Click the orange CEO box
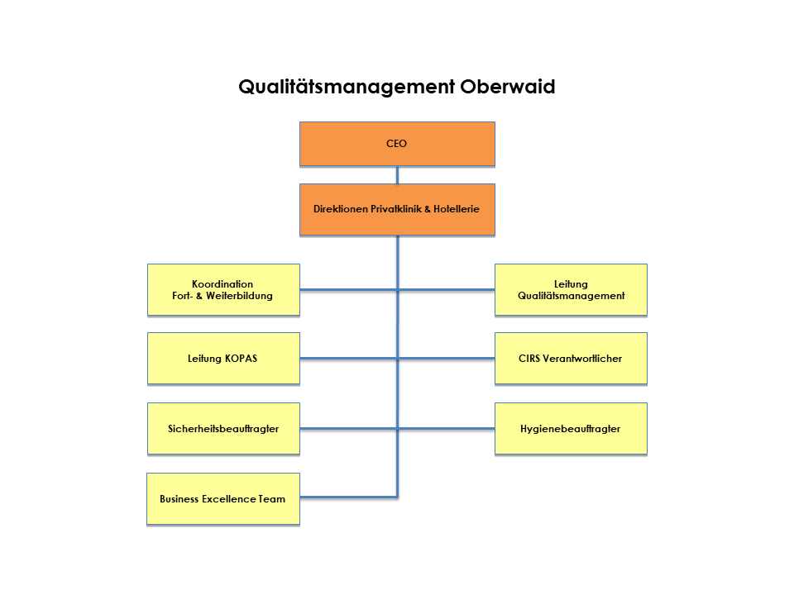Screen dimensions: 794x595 pyautogui.click(x=397, y=144)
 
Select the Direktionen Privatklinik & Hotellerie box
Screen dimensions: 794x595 pyautogui.click(x=397, y=209)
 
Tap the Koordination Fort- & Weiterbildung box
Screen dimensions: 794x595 pyautogui.click(x=223, y=290)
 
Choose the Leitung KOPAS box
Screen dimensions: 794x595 pyautogui.click(x=223, y=358)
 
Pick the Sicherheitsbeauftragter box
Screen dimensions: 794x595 pyautogui.click(x=223, y=429)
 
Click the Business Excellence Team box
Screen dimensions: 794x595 pyautogui.click(x=223, y=499)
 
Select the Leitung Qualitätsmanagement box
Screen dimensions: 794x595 pyautogui.click(x=571, y=290)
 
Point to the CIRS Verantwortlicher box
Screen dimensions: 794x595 pyautogui.click(x=571, y=358)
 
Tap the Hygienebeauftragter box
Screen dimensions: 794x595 pyautogui.click(x=571, y=429)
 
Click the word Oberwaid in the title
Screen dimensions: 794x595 pyautogui.click(x=507, y=87)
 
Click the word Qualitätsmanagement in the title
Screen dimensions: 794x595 pyautogui.click(x=347, y=87)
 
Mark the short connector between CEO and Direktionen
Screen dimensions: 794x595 pyautogui.click(x=397, y=175)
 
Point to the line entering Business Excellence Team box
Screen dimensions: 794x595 pyautogui.click(x=348, y=497)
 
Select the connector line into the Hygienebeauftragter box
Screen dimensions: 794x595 pyautogui.click(x=446, y=429)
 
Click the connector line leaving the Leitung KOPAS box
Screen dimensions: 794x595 pyautogui.click(x=348, y=358)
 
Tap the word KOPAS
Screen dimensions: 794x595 pyautogui.click(x=241, y=358)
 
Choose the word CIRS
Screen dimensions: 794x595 pyautogui.click(x=529, y=358)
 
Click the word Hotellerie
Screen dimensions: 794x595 pyautogui.click(x=457, y=209)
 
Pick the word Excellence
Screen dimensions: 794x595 pyautogui.click(x=228, y=499)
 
